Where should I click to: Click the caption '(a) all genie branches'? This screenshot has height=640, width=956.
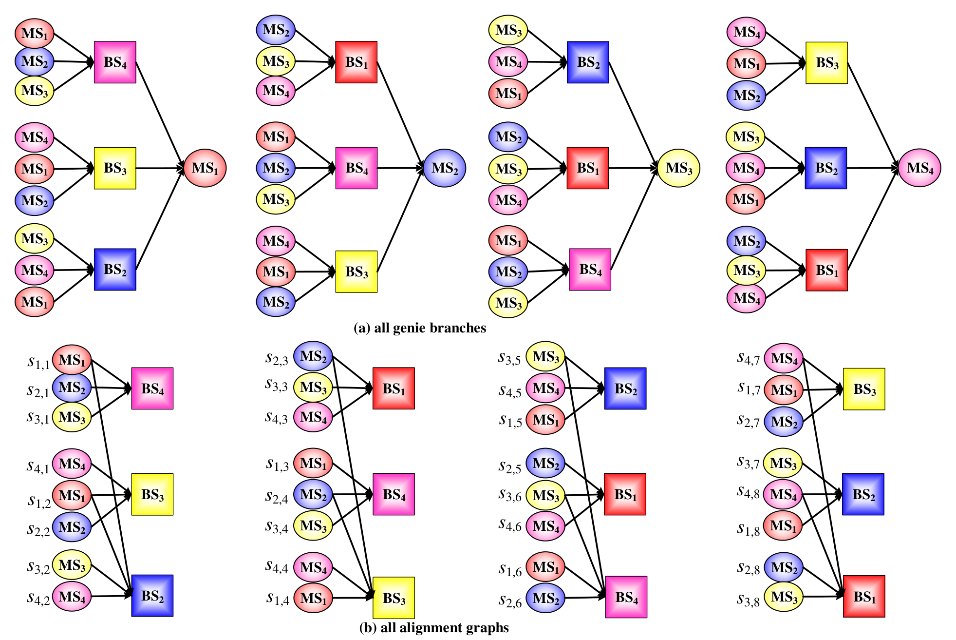pyautogui.click(x=419, y=328)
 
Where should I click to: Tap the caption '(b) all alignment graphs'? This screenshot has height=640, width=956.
pyautogui.click(x=434, y=628)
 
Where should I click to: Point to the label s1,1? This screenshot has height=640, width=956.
pyautogui.click(x=38, y=362)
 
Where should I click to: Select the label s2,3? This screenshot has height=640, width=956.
pyautogui.click(x=277, y=358)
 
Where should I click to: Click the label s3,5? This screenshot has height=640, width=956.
pyautogui.click(x=509, y=358)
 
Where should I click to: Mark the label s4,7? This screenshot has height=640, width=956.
pyautogui.click(x=749, y=358)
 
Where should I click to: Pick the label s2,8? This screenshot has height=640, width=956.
pyautogui.click(x=749, y=568)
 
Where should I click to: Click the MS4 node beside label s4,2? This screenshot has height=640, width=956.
pyautogui.click(x=72, y=596)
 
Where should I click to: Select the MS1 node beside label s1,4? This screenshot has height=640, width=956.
pyautogui.click(x=313, y=598)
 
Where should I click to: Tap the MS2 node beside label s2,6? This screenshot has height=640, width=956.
pyautogui.click(x=545, y=598)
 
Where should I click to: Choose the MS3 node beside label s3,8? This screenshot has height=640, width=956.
pyautogui.click(x=784, y=597)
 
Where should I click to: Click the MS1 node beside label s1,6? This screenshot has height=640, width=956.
pyautogui.click(x=545, y=567)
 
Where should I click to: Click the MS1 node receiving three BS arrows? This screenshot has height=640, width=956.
pyautogui.click(x=205, y=168)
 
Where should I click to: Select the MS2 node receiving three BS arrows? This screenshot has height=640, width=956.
pyautogui.click(x=445, y=168)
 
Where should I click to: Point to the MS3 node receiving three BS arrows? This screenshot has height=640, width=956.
pyautogui.click(x=679, y=168)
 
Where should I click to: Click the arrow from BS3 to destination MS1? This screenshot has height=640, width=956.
pyautogui.click(x=160, y=168)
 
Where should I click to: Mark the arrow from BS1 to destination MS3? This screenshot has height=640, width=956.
pyautogui.click(x=633, y=168)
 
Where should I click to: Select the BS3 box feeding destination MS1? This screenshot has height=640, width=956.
pyautogui.click(x=115, y=168)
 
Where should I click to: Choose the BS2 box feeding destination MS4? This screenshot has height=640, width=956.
pyautogui.click(x=826, y=168)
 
